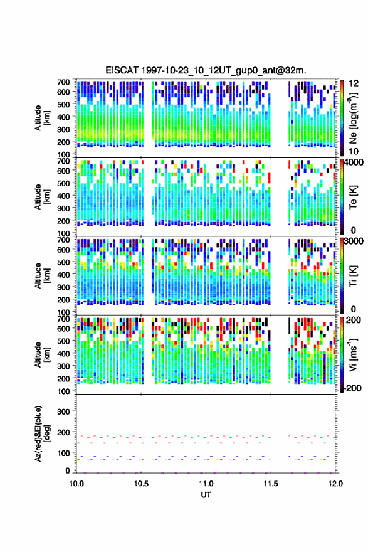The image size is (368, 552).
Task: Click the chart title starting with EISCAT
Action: (206, 70)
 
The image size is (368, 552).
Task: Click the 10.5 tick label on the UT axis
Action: (141, 484)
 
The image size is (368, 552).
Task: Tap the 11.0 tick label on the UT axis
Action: (206, 484)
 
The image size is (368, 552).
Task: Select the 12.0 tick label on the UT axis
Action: (335, 484)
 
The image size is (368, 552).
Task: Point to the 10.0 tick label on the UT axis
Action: (76, 484)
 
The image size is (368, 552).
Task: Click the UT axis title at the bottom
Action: (206, 495)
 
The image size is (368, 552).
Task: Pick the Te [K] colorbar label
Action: (353, 197)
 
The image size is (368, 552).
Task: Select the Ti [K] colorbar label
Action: (353, 276)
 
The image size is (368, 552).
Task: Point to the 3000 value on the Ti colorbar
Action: (354, 242)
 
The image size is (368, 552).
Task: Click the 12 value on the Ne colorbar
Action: (354, 83)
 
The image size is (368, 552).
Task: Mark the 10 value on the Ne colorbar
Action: (354, 151)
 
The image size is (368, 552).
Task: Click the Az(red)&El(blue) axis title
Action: (41, 433)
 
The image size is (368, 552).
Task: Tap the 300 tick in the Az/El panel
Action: (63, 411)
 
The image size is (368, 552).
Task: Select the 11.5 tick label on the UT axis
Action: (271, 484)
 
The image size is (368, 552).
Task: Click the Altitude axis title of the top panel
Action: (41, 118)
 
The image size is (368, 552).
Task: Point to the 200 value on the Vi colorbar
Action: (354, 320)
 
